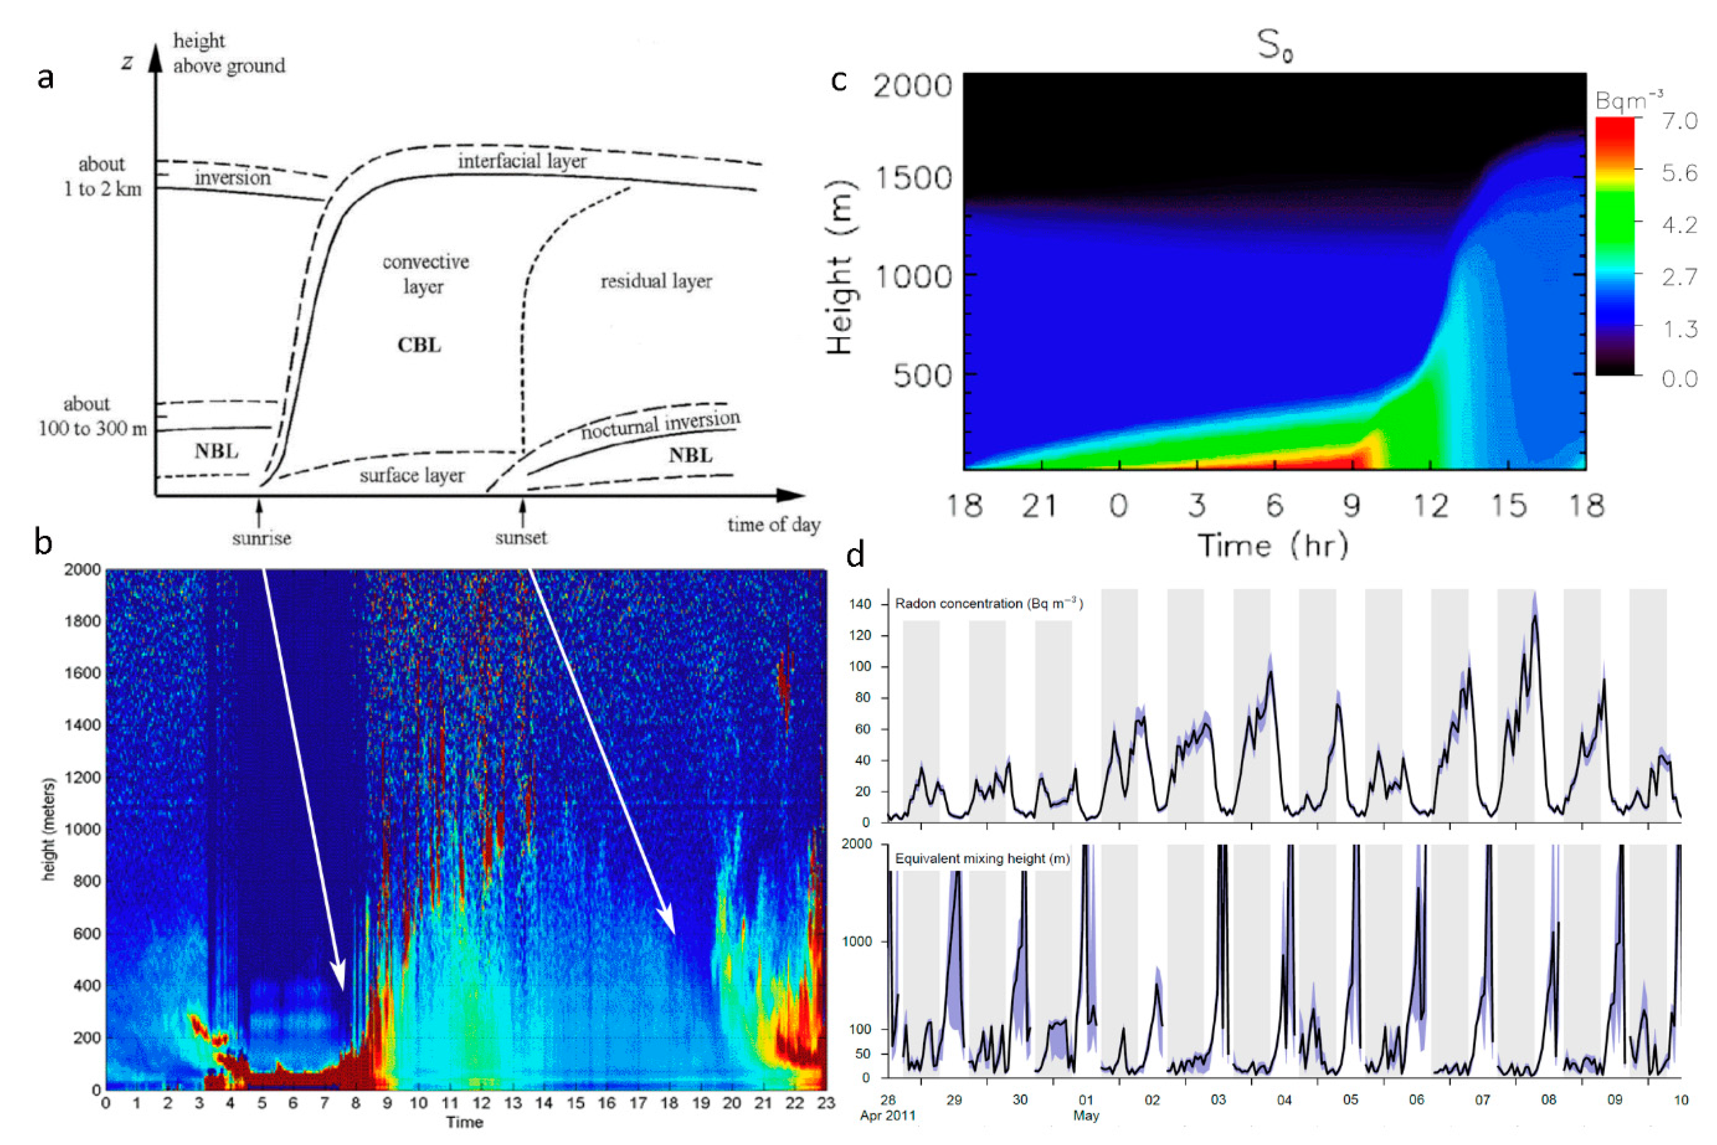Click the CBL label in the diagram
click(x=419, y=345)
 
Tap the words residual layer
click(x=656, y=281)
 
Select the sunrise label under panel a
click(x=261, y=538)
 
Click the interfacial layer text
click(x=522, y=160)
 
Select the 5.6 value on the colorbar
click(x=1679, y=173)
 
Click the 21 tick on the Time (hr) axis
click(x=1040, y=505)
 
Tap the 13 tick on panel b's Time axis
click(x=512, y=1103)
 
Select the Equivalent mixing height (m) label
click(x=982, y=859)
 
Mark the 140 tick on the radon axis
click(x=860, y=604)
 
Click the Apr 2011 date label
click(x=887, y=1116)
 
